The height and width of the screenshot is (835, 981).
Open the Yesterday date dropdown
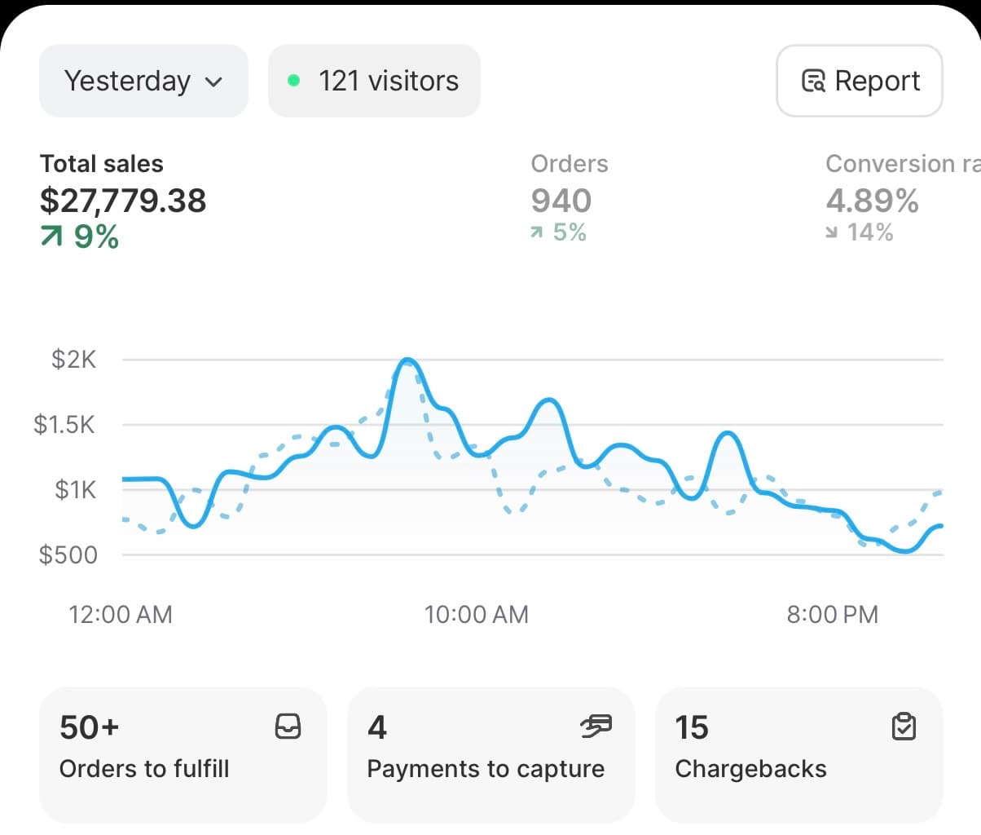(x=143, y=81)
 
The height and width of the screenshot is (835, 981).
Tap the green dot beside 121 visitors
(x=294, y=81)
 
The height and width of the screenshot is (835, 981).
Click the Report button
(x=860, y=81)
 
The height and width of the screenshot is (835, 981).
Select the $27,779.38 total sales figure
(x=123, y=201)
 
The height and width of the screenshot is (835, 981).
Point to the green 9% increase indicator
(x=80, y=237)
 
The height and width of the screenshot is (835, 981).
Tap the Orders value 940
(x=561, y=201)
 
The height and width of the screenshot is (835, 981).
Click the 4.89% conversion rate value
(x=872, y=201)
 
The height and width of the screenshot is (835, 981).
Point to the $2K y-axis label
(x=73, y=360)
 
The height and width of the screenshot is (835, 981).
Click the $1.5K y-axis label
(x=64, y=425)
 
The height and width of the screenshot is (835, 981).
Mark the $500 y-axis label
(x=68, y=555)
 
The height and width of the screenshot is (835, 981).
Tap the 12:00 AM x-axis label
(x=121, y=614)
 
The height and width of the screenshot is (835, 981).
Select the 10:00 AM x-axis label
(x=477, y=614)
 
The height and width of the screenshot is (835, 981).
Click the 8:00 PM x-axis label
(x=832, y=614)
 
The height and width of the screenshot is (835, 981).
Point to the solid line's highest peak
(x=407, y=360)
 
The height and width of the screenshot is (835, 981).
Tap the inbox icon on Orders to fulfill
(x=288, y=726)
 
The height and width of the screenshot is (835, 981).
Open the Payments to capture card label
(x=486, y=769)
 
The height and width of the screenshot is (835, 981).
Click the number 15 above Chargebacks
(x=692, y=727)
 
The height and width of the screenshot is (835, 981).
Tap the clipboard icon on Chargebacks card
(x=904, y=726)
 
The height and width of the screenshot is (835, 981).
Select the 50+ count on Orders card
(x=90, y=727)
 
